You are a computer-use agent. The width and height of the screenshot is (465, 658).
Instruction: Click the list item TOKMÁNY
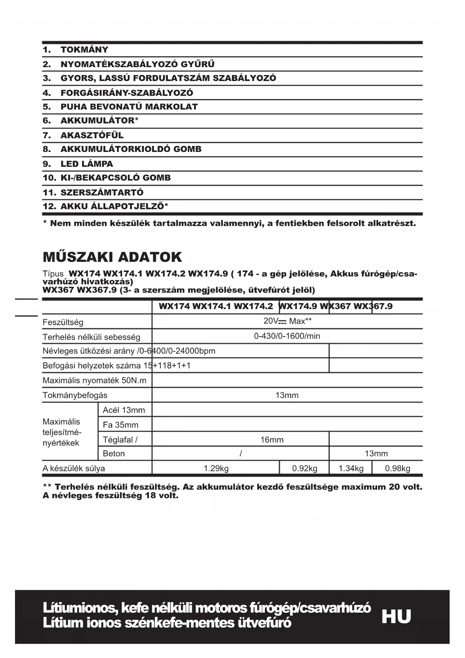click(x=84, y=50)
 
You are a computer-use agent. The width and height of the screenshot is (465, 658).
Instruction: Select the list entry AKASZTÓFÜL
click(x=92, y=135)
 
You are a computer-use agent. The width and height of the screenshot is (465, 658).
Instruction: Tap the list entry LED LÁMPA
click(x=87, y=164)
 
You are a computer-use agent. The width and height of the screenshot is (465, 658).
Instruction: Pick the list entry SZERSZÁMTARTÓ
click(x=102, y=192)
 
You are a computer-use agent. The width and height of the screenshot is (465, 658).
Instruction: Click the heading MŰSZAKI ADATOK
click(x=112, y=257)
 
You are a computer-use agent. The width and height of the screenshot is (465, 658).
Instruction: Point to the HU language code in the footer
click(x=396, y=616)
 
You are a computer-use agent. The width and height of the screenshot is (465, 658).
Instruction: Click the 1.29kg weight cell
click(x=216, y=469)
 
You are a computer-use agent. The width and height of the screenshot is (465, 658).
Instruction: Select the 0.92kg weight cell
click(x=305, y=469)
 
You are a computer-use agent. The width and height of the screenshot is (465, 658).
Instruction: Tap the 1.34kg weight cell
click(x=351, y=469)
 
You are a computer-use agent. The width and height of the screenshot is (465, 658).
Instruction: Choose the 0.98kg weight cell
click(x=398, y=469)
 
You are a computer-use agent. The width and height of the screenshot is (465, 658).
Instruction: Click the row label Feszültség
click(x=63, y=322)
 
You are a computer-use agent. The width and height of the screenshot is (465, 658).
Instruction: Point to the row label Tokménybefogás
click(x=75, y=395)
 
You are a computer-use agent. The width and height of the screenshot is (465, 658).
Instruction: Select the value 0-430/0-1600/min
click(x=287, y=336)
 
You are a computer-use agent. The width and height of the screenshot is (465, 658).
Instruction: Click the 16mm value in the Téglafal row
click(x=272, y=440)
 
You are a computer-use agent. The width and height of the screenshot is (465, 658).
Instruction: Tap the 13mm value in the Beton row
click(x=376, y=454)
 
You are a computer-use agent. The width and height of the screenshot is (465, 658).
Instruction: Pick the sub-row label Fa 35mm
click(x=120, y=425)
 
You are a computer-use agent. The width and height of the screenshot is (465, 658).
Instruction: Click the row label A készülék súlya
click(x=74, y=469)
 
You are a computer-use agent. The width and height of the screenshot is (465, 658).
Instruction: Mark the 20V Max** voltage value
click(x=287, y=321)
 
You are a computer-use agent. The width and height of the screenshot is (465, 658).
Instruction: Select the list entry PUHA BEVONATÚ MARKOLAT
click(x=129, y=107)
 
